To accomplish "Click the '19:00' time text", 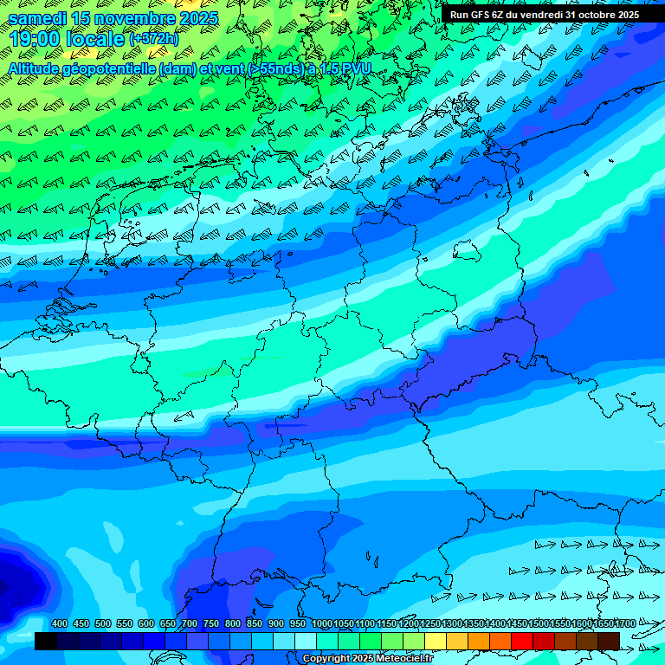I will pos(36,39).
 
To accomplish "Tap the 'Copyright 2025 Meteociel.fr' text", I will pos(367,659).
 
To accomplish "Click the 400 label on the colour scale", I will pos(60,624).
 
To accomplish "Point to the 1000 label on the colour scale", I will pos(322,624).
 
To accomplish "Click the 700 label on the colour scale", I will pos(190,624).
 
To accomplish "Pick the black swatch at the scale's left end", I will pos(46,641).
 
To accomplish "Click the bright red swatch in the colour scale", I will pos(522,641).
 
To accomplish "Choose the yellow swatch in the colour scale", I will pos(436,641).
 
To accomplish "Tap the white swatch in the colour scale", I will pos(306,641).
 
